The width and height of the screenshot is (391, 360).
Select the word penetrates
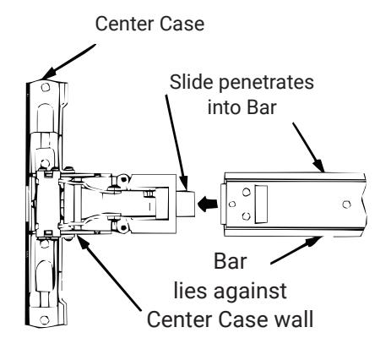pos(266,83)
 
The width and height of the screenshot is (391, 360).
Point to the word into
pos(225,107)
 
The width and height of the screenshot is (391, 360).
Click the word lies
pos(191,291)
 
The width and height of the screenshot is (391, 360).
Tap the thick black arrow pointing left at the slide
pos(208,204)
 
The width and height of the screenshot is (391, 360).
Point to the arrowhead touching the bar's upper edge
pos(319,166)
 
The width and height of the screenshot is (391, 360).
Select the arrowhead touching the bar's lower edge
pos(314,242)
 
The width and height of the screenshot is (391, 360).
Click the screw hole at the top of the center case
pos(46,87)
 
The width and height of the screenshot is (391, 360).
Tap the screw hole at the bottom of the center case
pos(45,319)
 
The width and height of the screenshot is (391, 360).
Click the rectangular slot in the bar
pos(261,205)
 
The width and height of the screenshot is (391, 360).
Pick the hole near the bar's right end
pos(346,205)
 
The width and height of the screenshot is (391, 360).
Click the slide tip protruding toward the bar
pos(186,204)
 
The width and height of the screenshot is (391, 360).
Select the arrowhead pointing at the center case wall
pos(82,243)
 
